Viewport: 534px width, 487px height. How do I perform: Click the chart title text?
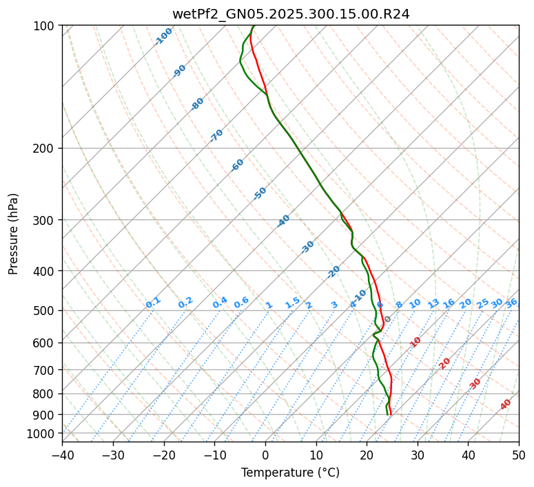click(x=290, y=14)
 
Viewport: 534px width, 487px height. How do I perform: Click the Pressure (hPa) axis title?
click(x=14, y=234)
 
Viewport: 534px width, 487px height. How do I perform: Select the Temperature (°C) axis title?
click(x=290, y=473)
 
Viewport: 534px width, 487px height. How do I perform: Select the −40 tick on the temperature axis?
click(x=62, y=455)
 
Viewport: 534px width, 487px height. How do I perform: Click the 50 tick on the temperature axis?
click(x=519, y=455)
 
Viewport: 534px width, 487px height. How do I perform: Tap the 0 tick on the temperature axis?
click(x=266, y=455)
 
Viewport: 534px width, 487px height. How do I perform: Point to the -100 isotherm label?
click(x=164, y=36)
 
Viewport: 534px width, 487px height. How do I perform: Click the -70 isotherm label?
click(x=216, y=136)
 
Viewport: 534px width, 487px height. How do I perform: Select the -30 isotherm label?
click(x=307, y=247)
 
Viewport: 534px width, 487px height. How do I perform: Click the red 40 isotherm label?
click(x=506, y=404)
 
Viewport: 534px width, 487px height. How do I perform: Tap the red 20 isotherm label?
click(x=445, y=362)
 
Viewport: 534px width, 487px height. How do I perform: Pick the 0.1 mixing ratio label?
click(x=153, y=303)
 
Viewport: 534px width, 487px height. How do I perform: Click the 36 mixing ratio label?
click(x=511, y=303)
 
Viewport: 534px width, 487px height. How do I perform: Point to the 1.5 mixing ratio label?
click(x=292, y=303)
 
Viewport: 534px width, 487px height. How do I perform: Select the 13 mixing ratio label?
click(x=433, y=303)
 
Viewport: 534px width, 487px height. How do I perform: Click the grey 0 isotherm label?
click(x=388, y=319)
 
